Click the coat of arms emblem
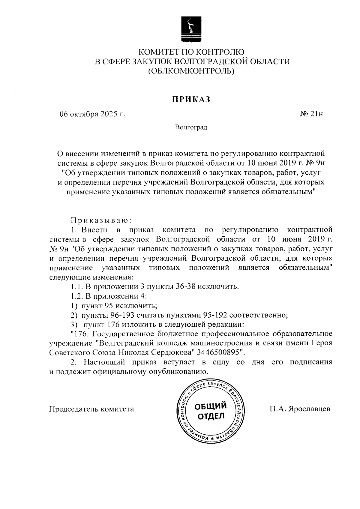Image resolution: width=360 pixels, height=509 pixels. (x=191, y=30)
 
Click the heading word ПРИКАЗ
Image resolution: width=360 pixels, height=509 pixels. (x=191, y=100)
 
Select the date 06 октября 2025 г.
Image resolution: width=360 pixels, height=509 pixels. (x=92, y=114)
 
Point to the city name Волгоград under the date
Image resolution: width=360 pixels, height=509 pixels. (x=191, y=128)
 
